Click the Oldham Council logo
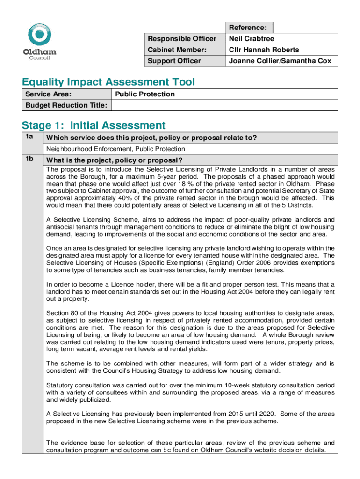tap(40, 42)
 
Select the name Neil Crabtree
tap(251, 39)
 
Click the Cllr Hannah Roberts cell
tap(264, 50)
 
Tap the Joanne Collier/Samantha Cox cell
tap(280, 61)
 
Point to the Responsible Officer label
tap(182, 39)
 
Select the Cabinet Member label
tap(177, 50)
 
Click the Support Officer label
tap(174, 61)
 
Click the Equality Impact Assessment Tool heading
tap(108, 82)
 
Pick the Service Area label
tap(45, 94)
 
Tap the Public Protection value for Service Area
tap(145, 94)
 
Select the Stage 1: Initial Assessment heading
tap(94, 125)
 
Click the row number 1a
tap(29, 137)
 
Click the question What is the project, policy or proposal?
tap(114, 160)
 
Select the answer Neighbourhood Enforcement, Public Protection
tap(115, 149)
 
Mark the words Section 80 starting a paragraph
tap(61, 312)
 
